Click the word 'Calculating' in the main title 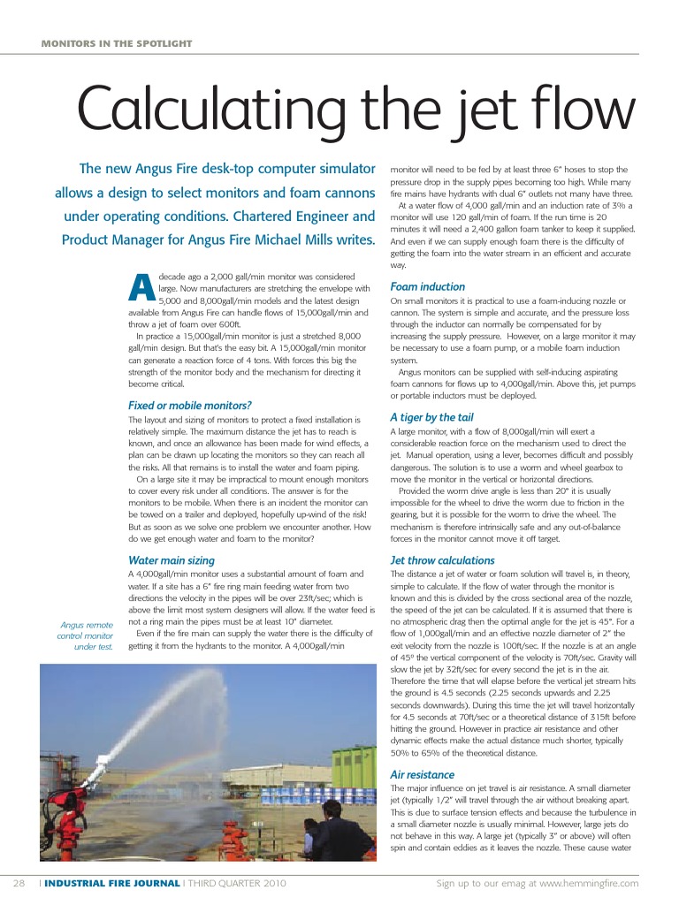205,110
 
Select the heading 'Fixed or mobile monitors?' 190,405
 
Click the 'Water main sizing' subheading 172,559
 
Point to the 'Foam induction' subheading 427,286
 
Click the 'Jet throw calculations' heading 442,559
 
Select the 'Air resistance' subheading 422,774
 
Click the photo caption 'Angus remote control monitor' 84,635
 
